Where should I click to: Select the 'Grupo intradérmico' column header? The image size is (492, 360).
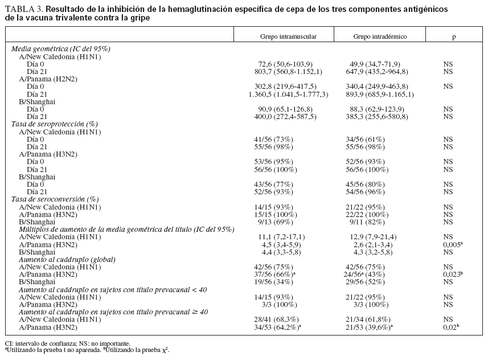pyautogui.click(x=379, y=35)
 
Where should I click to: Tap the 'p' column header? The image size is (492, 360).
pyautogui.click(x=454, y=35)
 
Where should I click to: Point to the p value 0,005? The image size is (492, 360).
pyautogui.click(x=454, y=244)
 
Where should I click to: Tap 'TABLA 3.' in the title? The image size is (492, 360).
pyautogui.click(x=23, y=10)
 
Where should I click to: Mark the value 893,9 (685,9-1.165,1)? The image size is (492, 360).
pyautogui.click(x=379, y=94)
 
